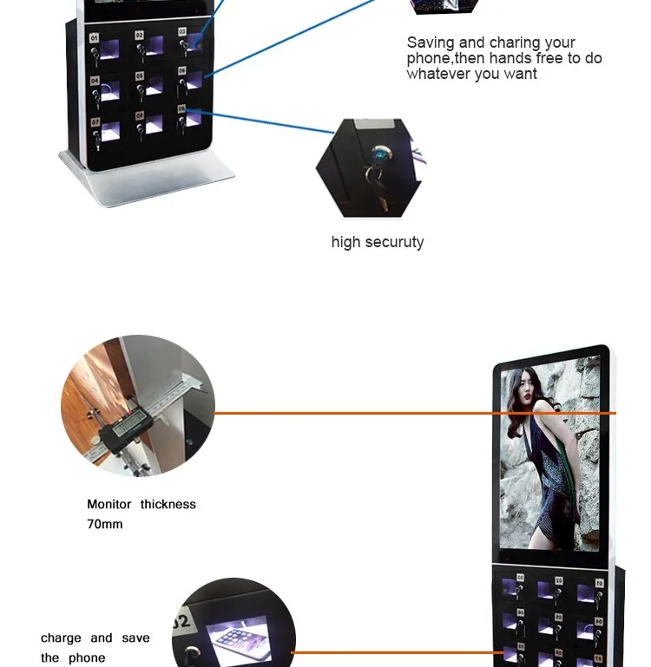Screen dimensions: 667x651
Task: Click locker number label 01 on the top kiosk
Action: point(94,38)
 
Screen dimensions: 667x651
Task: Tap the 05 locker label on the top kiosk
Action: point(139,76)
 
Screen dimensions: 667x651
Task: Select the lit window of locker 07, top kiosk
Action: point(110,131)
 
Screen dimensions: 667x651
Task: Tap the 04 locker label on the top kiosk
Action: point(94,80)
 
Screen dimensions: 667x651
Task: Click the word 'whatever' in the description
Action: point(442,75)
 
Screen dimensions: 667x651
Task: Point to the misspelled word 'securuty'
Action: point(396,242)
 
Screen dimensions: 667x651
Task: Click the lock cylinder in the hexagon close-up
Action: point(379,156)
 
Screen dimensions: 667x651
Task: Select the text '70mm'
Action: point(105,524)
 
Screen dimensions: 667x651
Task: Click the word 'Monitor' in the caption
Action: point(109,504)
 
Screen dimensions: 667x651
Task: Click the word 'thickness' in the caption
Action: point(168,504)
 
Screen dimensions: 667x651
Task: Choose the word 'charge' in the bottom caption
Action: point(61,638)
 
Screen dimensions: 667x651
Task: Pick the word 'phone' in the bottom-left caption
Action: point(87,657)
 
